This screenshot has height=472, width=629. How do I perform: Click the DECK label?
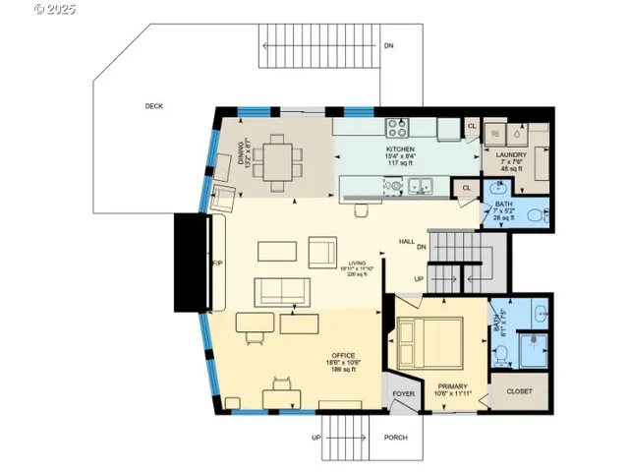point(154,105)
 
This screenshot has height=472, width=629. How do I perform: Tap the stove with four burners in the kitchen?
point(400,128)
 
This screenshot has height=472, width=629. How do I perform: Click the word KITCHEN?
point(401,148)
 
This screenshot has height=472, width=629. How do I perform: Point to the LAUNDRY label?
point(511,154)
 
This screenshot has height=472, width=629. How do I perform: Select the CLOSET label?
point(520,391)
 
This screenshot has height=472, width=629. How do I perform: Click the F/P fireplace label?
point(217,265)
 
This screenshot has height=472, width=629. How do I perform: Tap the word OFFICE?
point(343,355)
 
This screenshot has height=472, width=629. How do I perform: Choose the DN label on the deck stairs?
point(389,45)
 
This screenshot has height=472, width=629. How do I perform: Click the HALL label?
point(406,241)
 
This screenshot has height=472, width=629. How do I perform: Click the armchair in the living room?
point(322,252)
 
